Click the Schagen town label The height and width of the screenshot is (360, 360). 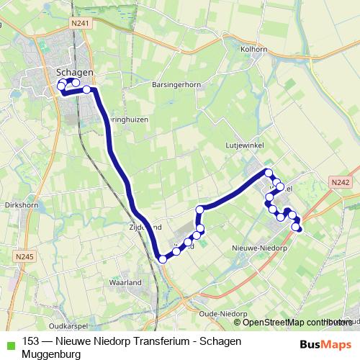[74, 72]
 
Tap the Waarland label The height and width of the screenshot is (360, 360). [124, 283]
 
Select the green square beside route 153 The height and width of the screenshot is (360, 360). [9, 343]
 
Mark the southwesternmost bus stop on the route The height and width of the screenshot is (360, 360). [163, 259]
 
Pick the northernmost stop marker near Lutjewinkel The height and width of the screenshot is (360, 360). [269, 172]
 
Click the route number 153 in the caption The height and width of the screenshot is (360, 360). [31, 342]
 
